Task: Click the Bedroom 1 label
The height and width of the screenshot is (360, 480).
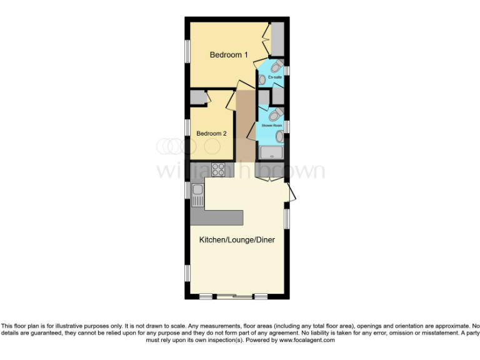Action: [228, 55]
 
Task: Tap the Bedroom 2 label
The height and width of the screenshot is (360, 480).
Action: [211, 133]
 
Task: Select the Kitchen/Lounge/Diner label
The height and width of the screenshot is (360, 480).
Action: [237, 239]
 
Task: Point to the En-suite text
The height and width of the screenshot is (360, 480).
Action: [275, 77]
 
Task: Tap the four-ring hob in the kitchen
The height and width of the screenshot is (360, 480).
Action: [219, 169]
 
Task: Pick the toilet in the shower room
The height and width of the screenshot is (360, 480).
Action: [274, 115]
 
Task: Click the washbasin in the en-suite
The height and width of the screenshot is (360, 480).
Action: [262, 80]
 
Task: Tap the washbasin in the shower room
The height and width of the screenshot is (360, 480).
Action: [281, 136]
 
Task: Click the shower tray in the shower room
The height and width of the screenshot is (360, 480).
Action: [271, 152]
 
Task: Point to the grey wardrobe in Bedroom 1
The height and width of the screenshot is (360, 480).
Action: [277, 38]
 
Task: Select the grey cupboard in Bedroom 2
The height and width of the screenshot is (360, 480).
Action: [199, 97]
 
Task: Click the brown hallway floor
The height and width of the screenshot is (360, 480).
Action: [246, 125]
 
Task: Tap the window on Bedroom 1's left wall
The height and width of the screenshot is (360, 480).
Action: [187, 51]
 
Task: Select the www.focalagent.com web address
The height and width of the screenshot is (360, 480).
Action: [306, 341]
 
